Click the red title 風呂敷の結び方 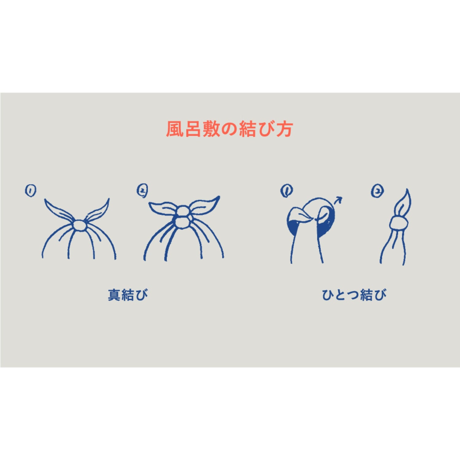click(229, 129)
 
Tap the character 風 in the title click(175, 129)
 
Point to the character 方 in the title click(284, 129)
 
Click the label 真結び click(128, 295)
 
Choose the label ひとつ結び click(354, 295)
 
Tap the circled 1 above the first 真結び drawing click(30, 191)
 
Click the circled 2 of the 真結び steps click(142, 190)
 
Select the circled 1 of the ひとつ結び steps click(286, 191)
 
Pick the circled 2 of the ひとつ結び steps click(377, 191)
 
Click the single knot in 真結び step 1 click(80, 225)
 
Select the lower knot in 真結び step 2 click(183, 222)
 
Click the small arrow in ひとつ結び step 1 click(338, 200)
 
